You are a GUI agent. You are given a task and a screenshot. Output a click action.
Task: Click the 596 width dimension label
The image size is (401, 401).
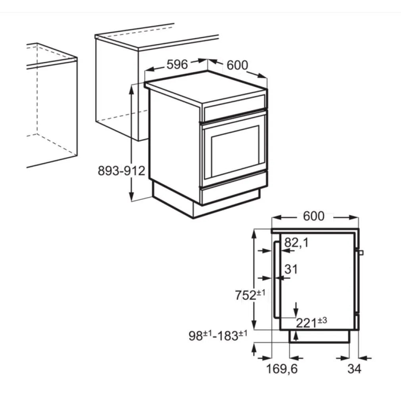(x=177, y=64)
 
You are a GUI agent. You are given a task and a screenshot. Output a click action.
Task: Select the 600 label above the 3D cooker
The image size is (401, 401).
(x=237, y=65)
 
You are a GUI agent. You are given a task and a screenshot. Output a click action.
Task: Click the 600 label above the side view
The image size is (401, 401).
(x=313, y=217)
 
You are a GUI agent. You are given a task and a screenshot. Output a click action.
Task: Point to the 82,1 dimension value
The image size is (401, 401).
(x=296, y=243)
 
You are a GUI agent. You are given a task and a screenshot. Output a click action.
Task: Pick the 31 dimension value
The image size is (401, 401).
(x=291, y=269)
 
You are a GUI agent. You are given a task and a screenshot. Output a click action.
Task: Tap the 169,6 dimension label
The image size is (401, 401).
(x=282, y=369)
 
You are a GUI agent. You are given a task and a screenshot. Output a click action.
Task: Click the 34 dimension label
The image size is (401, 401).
(x=354, y=369)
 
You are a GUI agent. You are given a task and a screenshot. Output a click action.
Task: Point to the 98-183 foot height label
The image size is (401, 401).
(x=218, y=336)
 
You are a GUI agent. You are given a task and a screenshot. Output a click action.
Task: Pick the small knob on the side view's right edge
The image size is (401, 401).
(x=361, y=253)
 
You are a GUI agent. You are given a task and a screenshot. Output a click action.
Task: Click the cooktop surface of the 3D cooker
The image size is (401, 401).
(x=206, y=88)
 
